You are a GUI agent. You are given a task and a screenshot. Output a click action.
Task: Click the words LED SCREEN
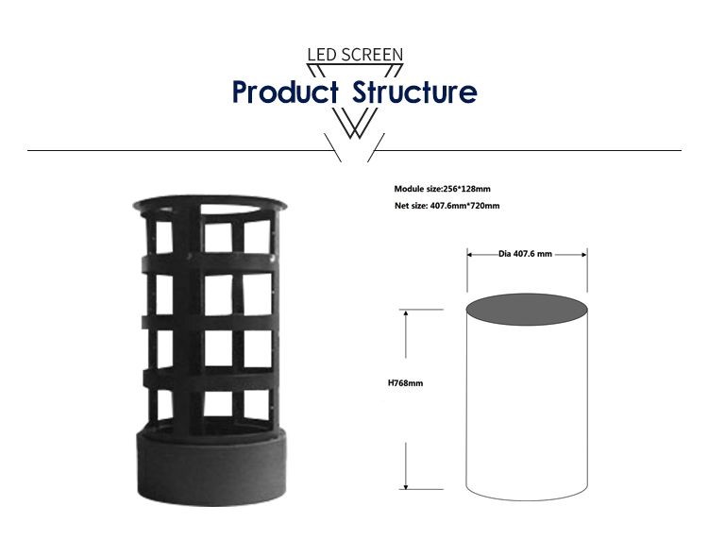[355, 55]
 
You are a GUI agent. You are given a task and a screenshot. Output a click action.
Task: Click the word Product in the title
[285, 92]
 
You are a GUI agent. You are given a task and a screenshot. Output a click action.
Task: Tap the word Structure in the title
[414, 92]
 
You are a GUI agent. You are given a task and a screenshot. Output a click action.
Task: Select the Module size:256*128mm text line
[442, 189]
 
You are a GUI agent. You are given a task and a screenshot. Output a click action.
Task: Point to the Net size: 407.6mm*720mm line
[447, 206]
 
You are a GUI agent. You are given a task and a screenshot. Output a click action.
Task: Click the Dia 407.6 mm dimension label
[525, 254]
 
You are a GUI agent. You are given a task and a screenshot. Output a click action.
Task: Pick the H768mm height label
[406, 383]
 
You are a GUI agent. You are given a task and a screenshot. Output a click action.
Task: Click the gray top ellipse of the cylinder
[527, 310]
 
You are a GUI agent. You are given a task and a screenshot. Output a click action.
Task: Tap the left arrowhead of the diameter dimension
[469, 255]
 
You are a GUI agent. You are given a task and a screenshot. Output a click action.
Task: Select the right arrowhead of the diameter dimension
[584, 255]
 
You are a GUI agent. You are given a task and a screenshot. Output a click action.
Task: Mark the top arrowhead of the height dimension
[406, 312]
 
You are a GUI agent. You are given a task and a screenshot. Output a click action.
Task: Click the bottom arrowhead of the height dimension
[406, 486]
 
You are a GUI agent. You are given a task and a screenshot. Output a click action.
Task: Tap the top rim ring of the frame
[210, 200]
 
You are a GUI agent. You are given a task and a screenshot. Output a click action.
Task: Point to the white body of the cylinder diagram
[527, 406]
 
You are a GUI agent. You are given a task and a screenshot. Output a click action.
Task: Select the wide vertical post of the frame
[187, 316]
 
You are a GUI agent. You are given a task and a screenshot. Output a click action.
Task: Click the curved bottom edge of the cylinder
[527, 499]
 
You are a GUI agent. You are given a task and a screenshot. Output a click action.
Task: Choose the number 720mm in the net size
[485, 206]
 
